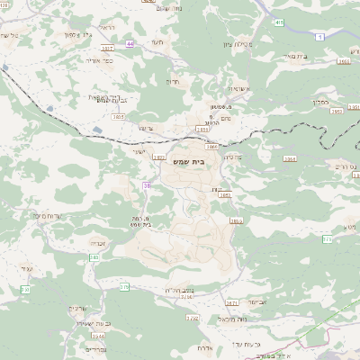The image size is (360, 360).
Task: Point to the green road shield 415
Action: click(x=280, y=22)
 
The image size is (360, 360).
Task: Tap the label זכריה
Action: click(x=97, y=241)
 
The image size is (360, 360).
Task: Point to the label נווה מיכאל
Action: click(x=207, y=319)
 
